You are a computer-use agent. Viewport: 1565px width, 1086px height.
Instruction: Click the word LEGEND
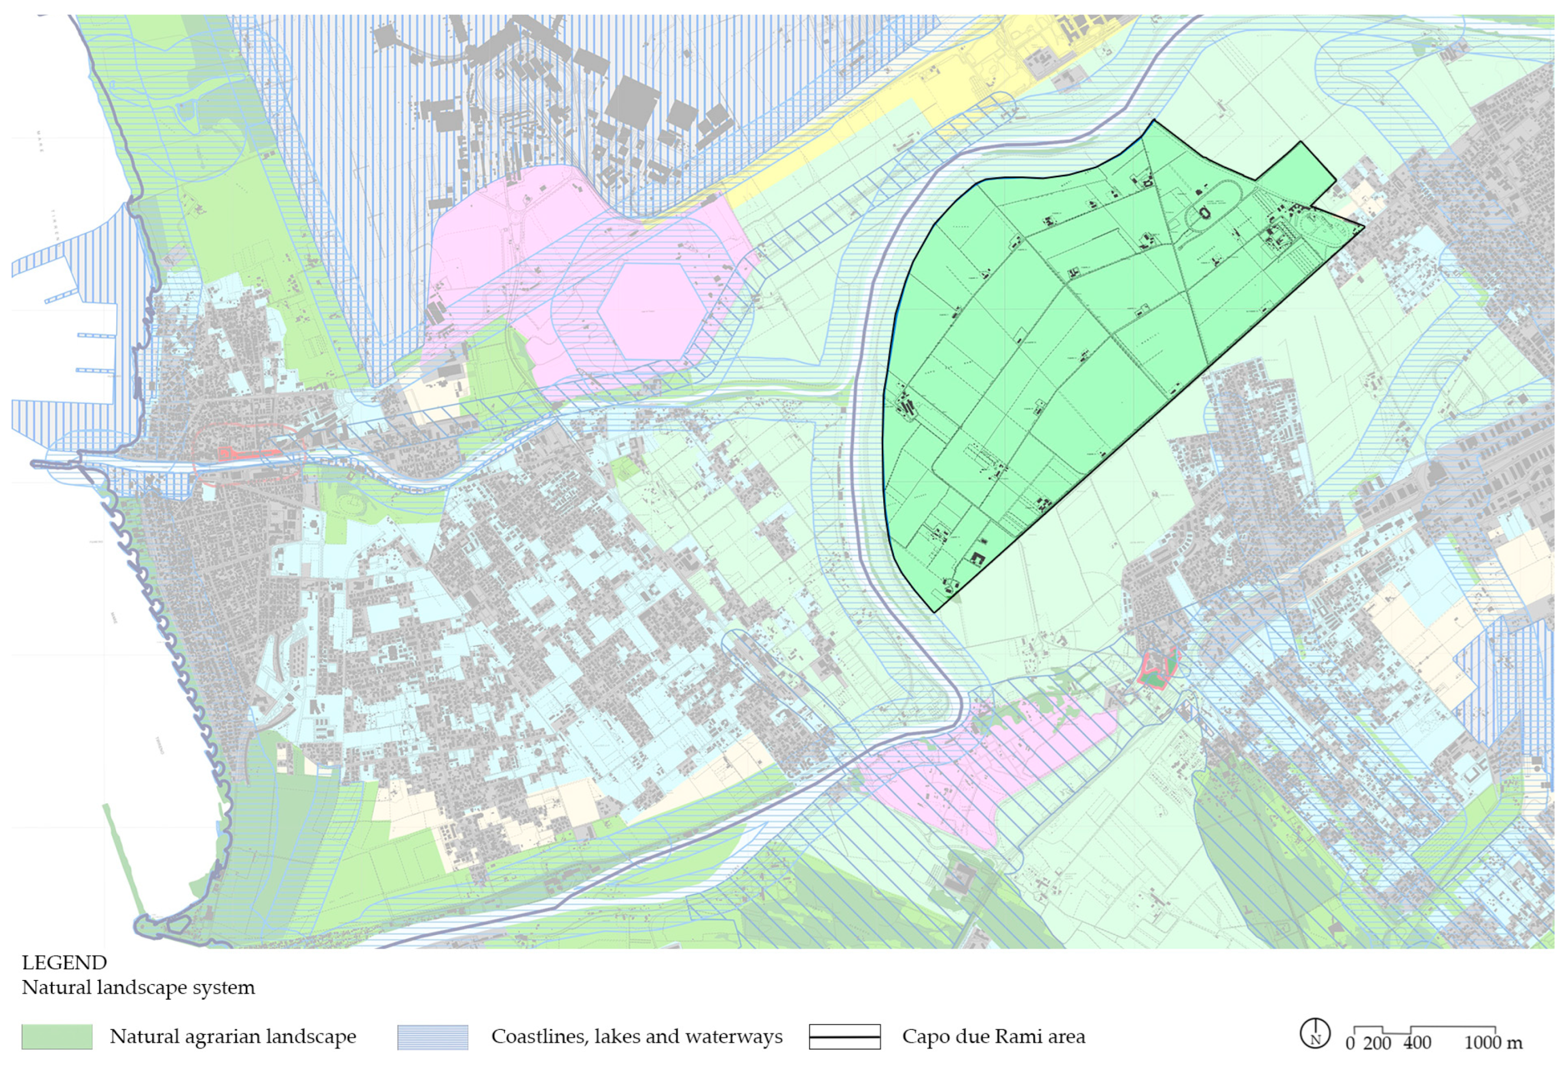point(64,962)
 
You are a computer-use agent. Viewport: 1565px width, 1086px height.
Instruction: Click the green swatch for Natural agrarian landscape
point(57,1036)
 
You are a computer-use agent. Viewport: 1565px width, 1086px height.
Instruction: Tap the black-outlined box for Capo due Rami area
point(844,1036)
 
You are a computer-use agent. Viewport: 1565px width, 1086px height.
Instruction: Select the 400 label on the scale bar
point(1417,1042)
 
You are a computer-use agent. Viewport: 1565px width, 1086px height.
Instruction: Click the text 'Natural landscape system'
point(138,987)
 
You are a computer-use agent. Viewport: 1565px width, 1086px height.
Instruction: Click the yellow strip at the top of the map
point(952,89)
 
